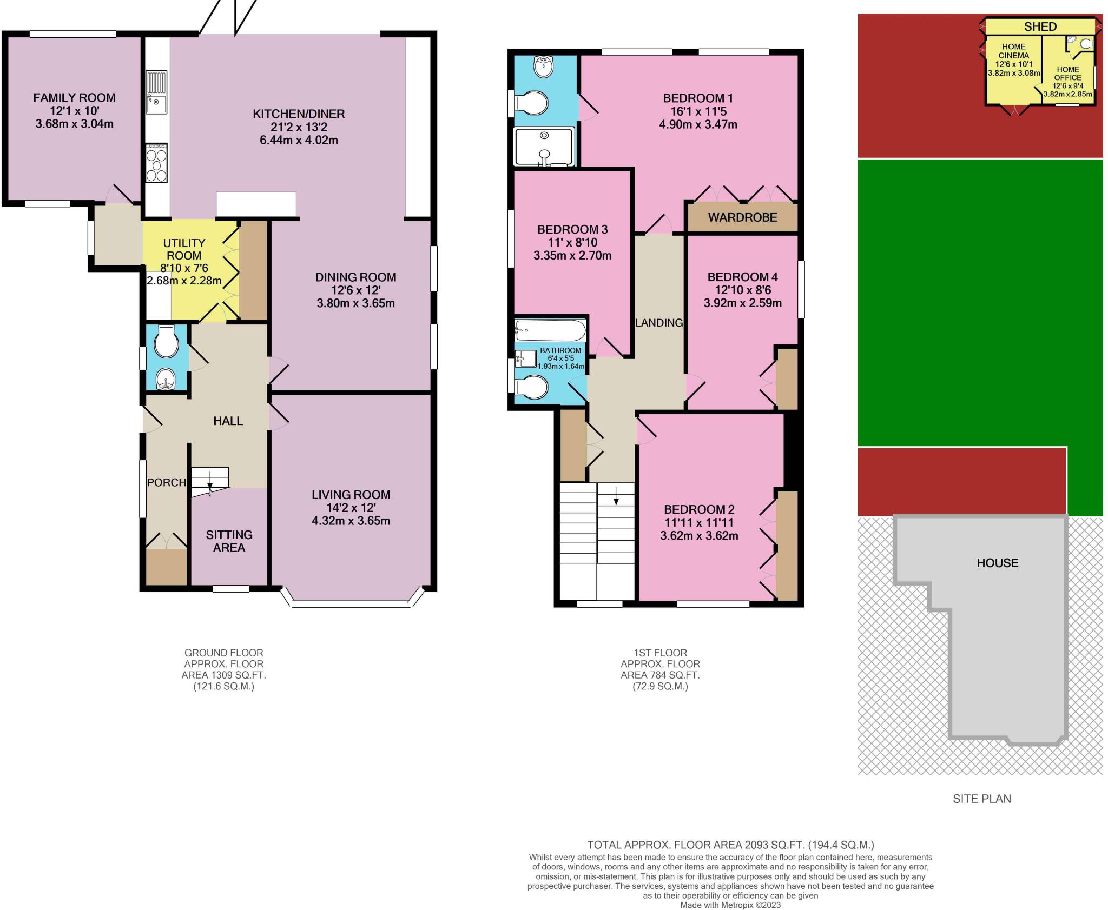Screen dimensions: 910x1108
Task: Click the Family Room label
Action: [74, 98]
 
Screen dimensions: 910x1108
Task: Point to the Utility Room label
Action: [184, 249]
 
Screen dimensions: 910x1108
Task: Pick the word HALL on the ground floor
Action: [228, 421]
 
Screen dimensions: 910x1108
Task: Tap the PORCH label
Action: [166, 482]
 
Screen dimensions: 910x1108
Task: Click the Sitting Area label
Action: [229, 541]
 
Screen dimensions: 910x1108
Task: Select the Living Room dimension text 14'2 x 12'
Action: [351, 508]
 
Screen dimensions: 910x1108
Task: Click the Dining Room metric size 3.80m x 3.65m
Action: [355, 303]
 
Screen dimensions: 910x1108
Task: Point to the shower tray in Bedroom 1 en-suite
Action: [544, 147]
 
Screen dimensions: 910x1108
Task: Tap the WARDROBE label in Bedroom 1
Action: [742, 217]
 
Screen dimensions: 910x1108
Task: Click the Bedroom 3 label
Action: [572, 229]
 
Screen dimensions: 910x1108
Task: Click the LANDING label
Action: [659, 323]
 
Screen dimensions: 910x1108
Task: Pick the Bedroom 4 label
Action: [742, 277]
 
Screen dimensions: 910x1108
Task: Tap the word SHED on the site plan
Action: [1040, 26]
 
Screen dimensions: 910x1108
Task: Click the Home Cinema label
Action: [1013, 51]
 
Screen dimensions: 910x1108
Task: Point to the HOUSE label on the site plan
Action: [997, 563]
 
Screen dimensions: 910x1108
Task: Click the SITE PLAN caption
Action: [981, 799]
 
